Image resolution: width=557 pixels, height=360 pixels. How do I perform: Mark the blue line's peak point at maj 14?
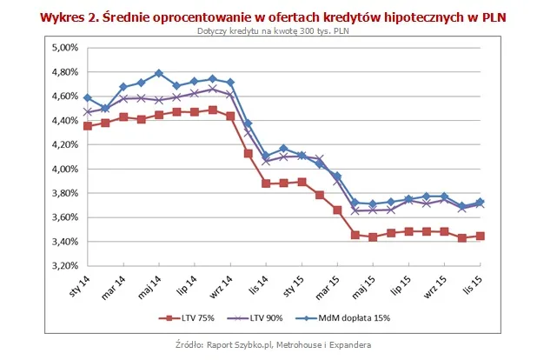159,73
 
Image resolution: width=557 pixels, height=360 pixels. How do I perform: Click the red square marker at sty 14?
87,126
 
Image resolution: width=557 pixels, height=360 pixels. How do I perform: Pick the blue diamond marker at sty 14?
87,98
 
